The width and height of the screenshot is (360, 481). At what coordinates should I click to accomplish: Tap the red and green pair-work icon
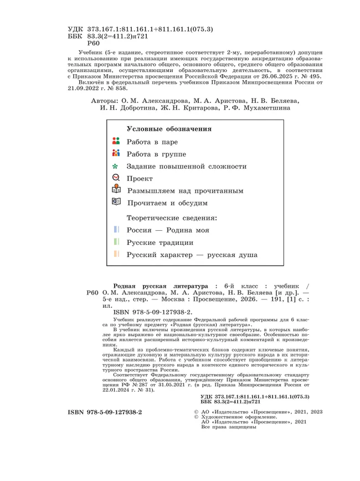point(116,141)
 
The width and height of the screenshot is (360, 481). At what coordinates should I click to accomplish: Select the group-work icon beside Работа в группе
point(116,153)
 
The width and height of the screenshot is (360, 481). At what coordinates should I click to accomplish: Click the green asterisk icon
point(116,166)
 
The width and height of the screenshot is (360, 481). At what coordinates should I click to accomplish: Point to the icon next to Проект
point(116,178)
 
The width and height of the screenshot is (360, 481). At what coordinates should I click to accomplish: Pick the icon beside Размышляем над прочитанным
point(116,190)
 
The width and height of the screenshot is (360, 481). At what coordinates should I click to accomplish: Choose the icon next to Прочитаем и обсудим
point(116,203)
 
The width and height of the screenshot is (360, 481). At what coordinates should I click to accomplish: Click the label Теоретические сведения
point(172,218)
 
